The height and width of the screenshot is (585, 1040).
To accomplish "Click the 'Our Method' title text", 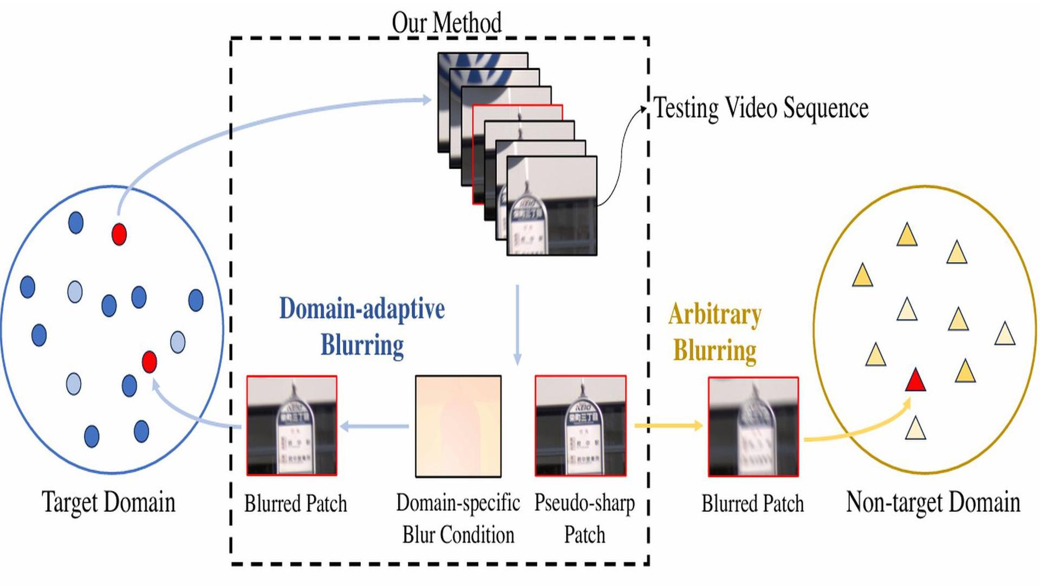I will click(446, 23).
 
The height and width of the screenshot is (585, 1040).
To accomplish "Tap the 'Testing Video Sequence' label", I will click(760, 108).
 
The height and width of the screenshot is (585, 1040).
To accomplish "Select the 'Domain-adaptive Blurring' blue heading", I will click(362, 327).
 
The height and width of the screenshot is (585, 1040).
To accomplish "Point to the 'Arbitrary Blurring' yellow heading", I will click(714, 332).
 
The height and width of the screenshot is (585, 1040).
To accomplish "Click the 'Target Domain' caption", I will click(108, 502).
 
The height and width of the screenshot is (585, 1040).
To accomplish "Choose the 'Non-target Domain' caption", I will click(933, 502).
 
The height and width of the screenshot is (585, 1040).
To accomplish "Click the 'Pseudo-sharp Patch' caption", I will click(584, 518).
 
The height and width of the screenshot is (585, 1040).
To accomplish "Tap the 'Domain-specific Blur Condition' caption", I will click(458, 518).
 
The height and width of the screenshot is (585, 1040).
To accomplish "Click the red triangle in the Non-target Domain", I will click(915, 380).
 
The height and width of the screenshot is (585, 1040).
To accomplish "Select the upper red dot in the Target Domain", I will click(119, 234).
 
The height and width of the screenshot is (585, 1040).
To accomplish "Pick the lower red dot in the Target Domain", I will click(149, 361).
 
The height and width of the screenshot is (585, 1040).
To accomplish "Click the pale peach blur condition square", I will click(458, 426).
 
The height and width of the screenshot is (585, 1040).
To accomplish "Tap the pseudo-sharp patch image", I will click(581, 426).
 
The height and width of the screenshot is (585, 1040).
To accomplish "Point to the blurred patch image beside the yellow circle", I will click(753, 426).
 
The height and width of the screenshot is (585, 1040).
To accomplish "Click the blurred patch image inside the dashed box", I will click(292, 426).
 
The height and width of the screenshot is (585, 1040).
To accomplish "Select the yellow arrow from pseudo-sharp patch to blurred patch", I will click(668, 426).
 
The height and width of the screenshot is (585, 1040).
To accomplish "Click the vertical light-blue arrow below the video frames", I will click(517, 325).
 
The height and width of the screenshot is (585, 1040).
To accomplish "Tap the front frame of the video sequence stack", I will click(551, 206).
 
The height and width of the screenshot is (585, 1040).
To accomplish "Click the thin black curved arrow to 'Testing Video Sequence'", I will click(623, 152).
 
